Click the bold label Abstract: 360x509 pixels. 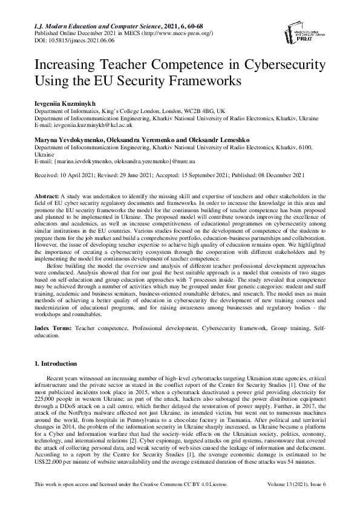[x=48, y=197]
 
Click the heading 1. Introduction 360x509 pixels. [x=56, y=363]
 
